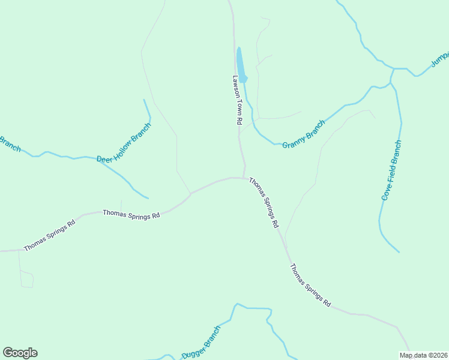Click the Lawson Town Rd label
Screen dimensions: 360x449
237,100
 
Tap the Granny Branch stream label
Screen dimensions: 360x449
304,134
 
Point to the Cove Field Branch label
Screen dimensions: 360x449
391,170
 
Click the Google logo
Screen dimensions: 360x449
20,353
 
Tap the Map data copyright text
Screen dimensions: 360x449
423,355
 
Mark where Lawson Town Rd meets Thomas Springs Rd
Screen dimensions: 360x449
244,178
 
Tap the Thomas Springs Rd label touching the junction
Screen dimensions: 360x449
264,202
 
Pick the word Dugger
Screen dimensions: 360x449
193,351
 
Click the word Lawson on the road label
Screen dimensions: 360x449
236,85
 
